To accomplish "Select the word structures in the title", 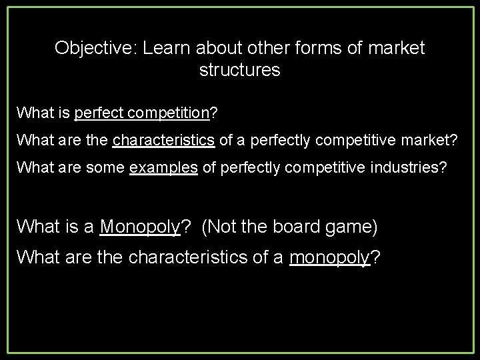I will (240, 69).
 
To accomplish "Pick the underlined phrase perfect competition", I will (142, 113).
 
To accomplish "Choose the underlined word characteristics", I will (163, 140).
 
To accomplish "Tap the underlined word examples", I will (164, 167).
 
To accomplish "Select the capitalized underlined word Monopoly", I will (141, 227).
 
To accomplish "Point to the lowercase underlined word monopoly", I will (330, 256).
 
